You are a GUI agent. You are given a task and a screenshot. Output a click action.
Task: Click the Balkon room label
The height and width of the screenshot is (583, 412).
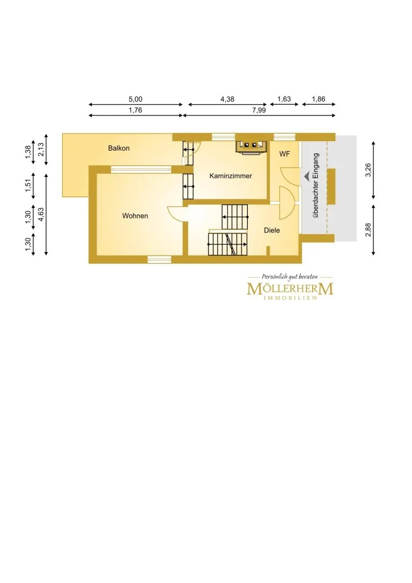(119, 148)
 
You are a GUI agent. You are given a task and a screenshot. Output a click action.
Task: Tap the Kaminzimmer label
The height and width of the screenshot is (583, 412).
(231, 176)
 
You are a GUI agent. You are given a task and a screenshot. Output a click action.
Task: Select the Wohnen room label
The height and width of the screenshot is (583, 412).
(135, 216)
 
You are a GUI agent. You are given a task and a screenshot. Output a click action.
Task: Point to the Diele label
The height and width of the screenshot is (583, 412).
(272, 230)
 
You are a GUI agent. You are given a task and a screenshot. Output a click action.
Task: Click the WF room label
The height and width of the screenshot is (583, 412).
(284, 153)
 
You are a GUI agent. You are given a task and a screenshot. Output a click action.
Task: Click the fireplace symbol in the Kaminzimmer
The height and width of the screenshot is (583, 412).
(252, 146)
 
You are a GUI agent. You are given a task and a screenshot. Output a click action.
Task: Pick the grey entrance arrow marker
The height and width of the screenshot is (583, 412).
(306, 176)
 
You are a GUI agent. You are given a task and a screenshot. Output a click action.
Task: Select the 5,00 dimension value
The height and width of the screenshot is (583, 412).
(135, 99)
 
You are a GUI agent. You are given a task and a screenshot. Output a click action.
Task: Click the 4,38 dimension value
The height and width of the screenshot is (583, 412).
(227, 99)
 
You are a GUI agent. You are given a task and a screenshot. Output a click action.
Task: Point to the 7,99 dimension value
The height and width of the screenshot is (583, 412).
(259, 110)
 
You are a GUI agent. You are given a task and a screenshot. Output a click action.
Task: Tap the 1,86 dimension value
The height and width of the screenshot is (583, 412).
(318, 99)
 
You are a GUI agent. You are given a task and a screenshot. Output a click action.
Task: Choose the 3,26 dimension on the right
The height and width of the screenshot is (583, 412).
(368, 170)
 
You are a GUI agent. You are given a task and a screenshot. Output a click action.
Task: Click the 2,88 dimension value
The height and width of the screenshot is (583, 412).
(368, 230)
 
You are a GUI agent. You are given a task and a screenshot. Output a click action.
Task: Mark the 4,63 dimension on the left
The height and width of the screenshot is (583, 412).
(41, 215)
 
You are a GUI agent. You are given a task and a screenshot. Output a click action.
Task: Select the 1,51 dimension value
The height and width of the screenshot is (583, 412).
(28, 186)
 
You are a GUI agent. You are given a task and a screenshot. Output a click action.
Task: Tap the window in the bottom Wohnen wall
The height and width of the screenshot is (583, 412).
(159, 260)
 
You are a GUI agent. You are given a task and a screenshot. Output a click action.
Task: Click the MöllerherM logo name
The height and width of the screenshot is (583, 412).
(290, 289)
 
